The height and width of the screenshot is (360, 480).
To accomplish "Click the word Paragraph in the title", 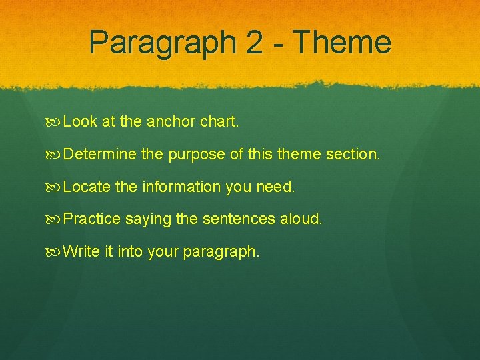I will [163, 43].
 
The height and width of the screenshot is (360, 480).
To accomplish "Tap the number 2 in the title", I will [254, 43].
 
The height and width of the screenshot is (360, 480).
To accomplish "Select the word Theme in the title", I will [342, 43].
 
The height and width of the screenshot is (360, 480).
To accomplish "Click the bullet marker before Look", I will [56, 122].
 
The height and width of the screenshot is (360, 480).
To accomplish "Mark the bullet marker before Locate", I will [56, 187].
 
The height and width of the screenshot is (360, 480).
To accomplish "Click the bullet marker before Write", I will [56, 252].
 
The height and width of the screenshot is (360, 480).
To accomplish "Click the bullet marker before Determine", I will [56, 155].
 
